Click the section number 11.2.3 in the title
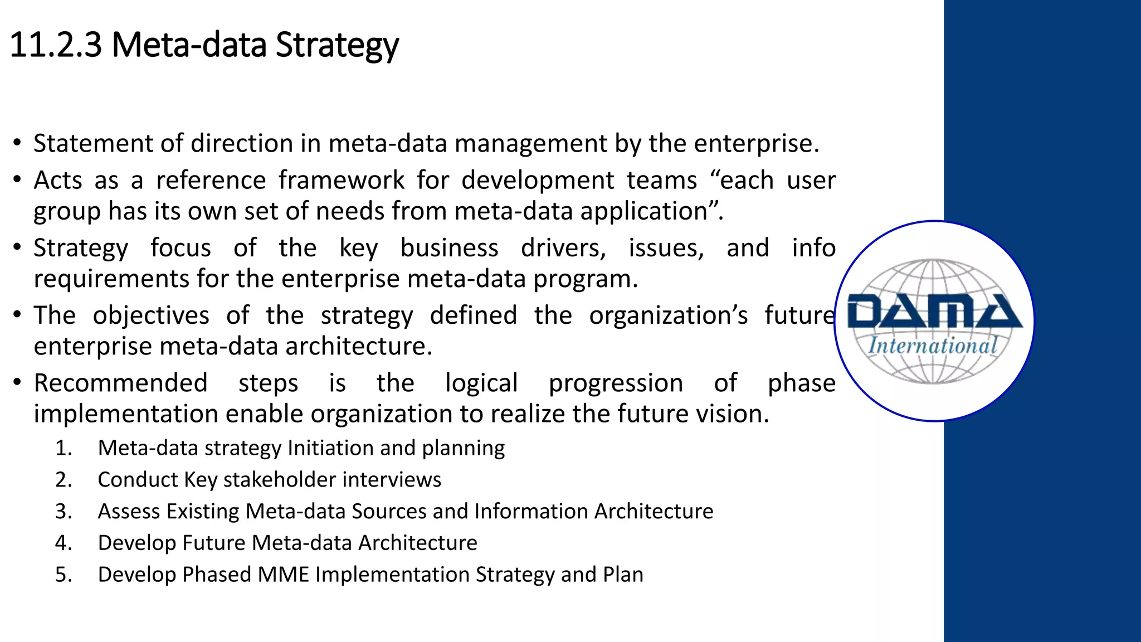[56, 45]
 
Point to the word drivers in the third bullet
[563, 247]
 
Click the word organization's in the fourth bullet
[668, 315]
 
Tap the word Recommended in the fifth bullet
[120, 383]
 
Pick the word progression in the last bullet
[616, 384]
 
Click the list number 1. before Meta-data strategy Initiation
[64, 448]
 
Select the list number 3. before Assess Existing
[64, 511]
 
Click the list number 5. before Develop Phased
[64, 575]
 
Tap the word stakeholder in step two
[280, 480]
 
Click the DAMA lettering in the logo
[934, 312]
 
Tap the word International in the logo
[932, 346]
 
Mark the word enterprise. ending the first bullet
[756, 144]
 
